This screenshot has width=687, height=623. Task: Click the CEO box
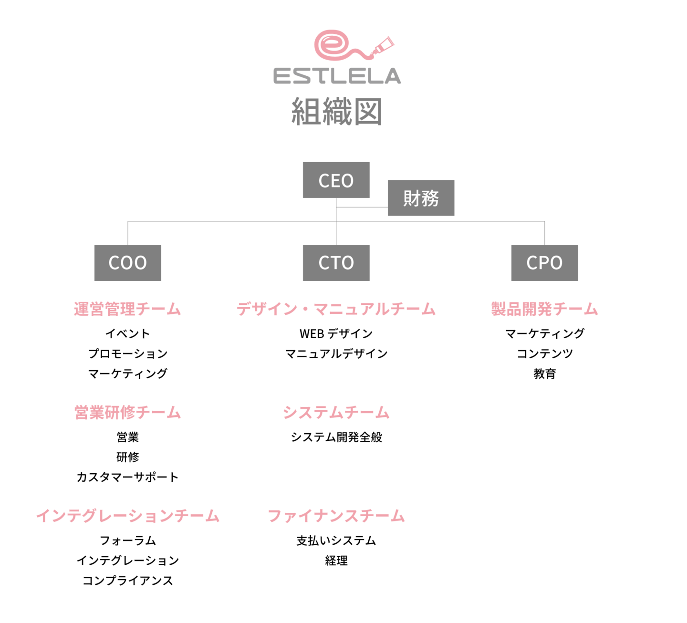[336, 180]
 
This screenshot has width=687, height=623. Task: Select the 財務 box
[420, 198]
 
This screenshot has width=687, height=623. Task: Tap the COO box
[127, 263]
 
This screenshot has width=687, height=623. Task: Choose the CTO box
[336, 263]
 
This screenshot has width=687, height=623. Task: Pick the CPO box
[544, 263]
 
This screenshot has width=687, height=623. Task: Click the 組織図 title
[337, 112]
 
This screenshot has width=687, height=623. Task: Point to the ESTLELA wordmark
[337, 76]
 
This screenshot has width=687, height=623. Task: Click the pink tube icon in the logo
[385, 45]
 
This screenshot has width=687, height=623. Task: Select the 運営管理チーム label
[127, 309]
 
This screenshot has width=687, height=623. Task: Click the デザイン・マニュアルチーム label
[336, 309]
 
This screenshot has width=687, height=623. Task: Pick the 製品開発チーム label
[544, 309]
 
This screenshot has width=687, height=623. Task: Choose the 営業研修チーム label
[127, 412]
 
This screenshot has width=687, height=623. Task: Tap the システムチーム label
[336, 412]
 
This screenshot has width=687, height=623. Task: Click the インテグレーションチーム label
[127, 516]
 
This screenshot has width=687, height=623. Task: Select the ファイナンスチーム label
[336, 516]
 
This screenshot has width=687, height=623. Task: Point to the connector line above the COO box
[127, 233]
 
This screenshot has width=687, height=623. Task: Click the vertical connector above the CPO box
[544, 233]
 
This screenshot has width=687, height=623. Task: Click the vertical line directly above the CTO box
[336, 234]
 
